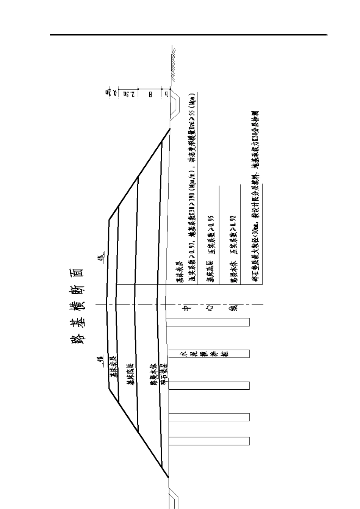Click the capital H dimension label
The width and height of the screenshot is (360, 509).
coord(150,92)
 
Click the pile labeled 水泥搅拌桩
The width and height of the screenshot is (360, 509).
coord(209,354)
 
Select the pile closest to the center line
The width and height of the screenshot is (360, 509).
coord(209,322)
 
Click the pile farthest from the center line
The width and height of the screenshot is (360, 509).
coord(209,441)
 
